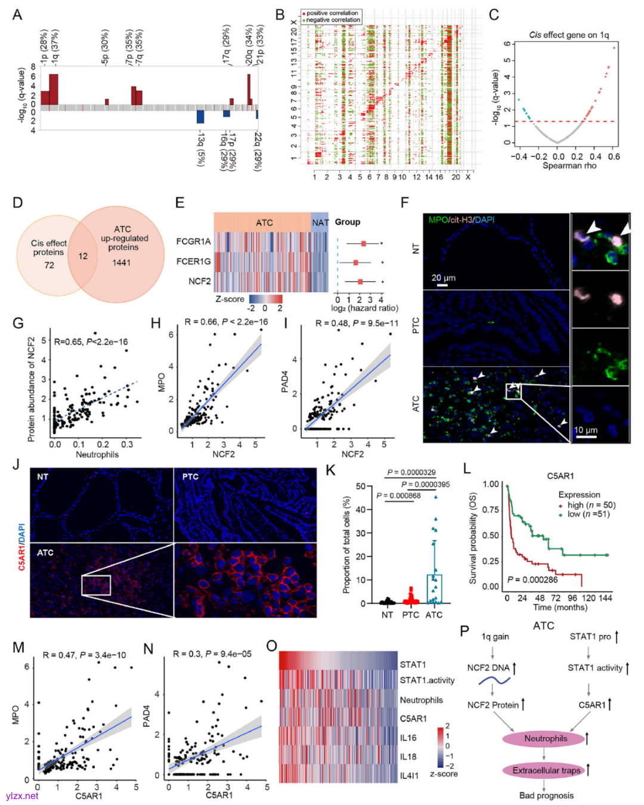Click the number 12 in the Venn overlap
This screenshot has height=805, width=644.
click(83, 256)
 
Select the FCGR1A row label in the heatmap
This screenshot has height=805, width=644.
click(193, 241)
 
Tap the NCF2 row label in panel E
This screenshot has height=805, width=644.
click(200, 281)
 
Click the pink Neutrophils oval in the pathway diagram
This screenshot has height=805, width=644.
click(546, 739)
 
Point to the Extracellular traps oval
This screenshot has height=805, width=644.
click(546, 770)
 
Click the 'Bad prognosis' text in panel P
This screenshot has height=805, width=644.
click(546, 795)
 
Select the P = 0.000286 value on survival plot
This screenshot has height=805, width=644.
click(532, 580)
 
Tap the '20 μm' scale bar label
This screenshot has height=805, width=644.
click(443, 277)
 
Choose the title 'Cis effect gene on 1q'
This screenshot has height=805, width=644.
click(569, 35)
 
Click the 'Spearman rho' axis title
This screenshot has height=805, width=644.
click(569, 166)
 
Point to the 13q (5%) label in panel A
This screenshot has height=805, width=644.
click(201, 149)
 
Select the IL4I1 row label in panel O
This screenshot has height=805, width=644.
click(409, 776)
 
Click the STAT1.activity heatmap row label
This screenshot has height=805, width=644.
click(427, 680)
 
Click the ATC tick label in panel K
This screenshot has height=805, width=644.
click(434, 615)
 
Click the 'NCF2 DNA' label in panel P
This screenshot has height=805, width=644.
click(488, 668)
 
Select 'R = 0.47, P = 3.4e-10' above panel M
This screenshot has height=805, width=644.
click(84, 655)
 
